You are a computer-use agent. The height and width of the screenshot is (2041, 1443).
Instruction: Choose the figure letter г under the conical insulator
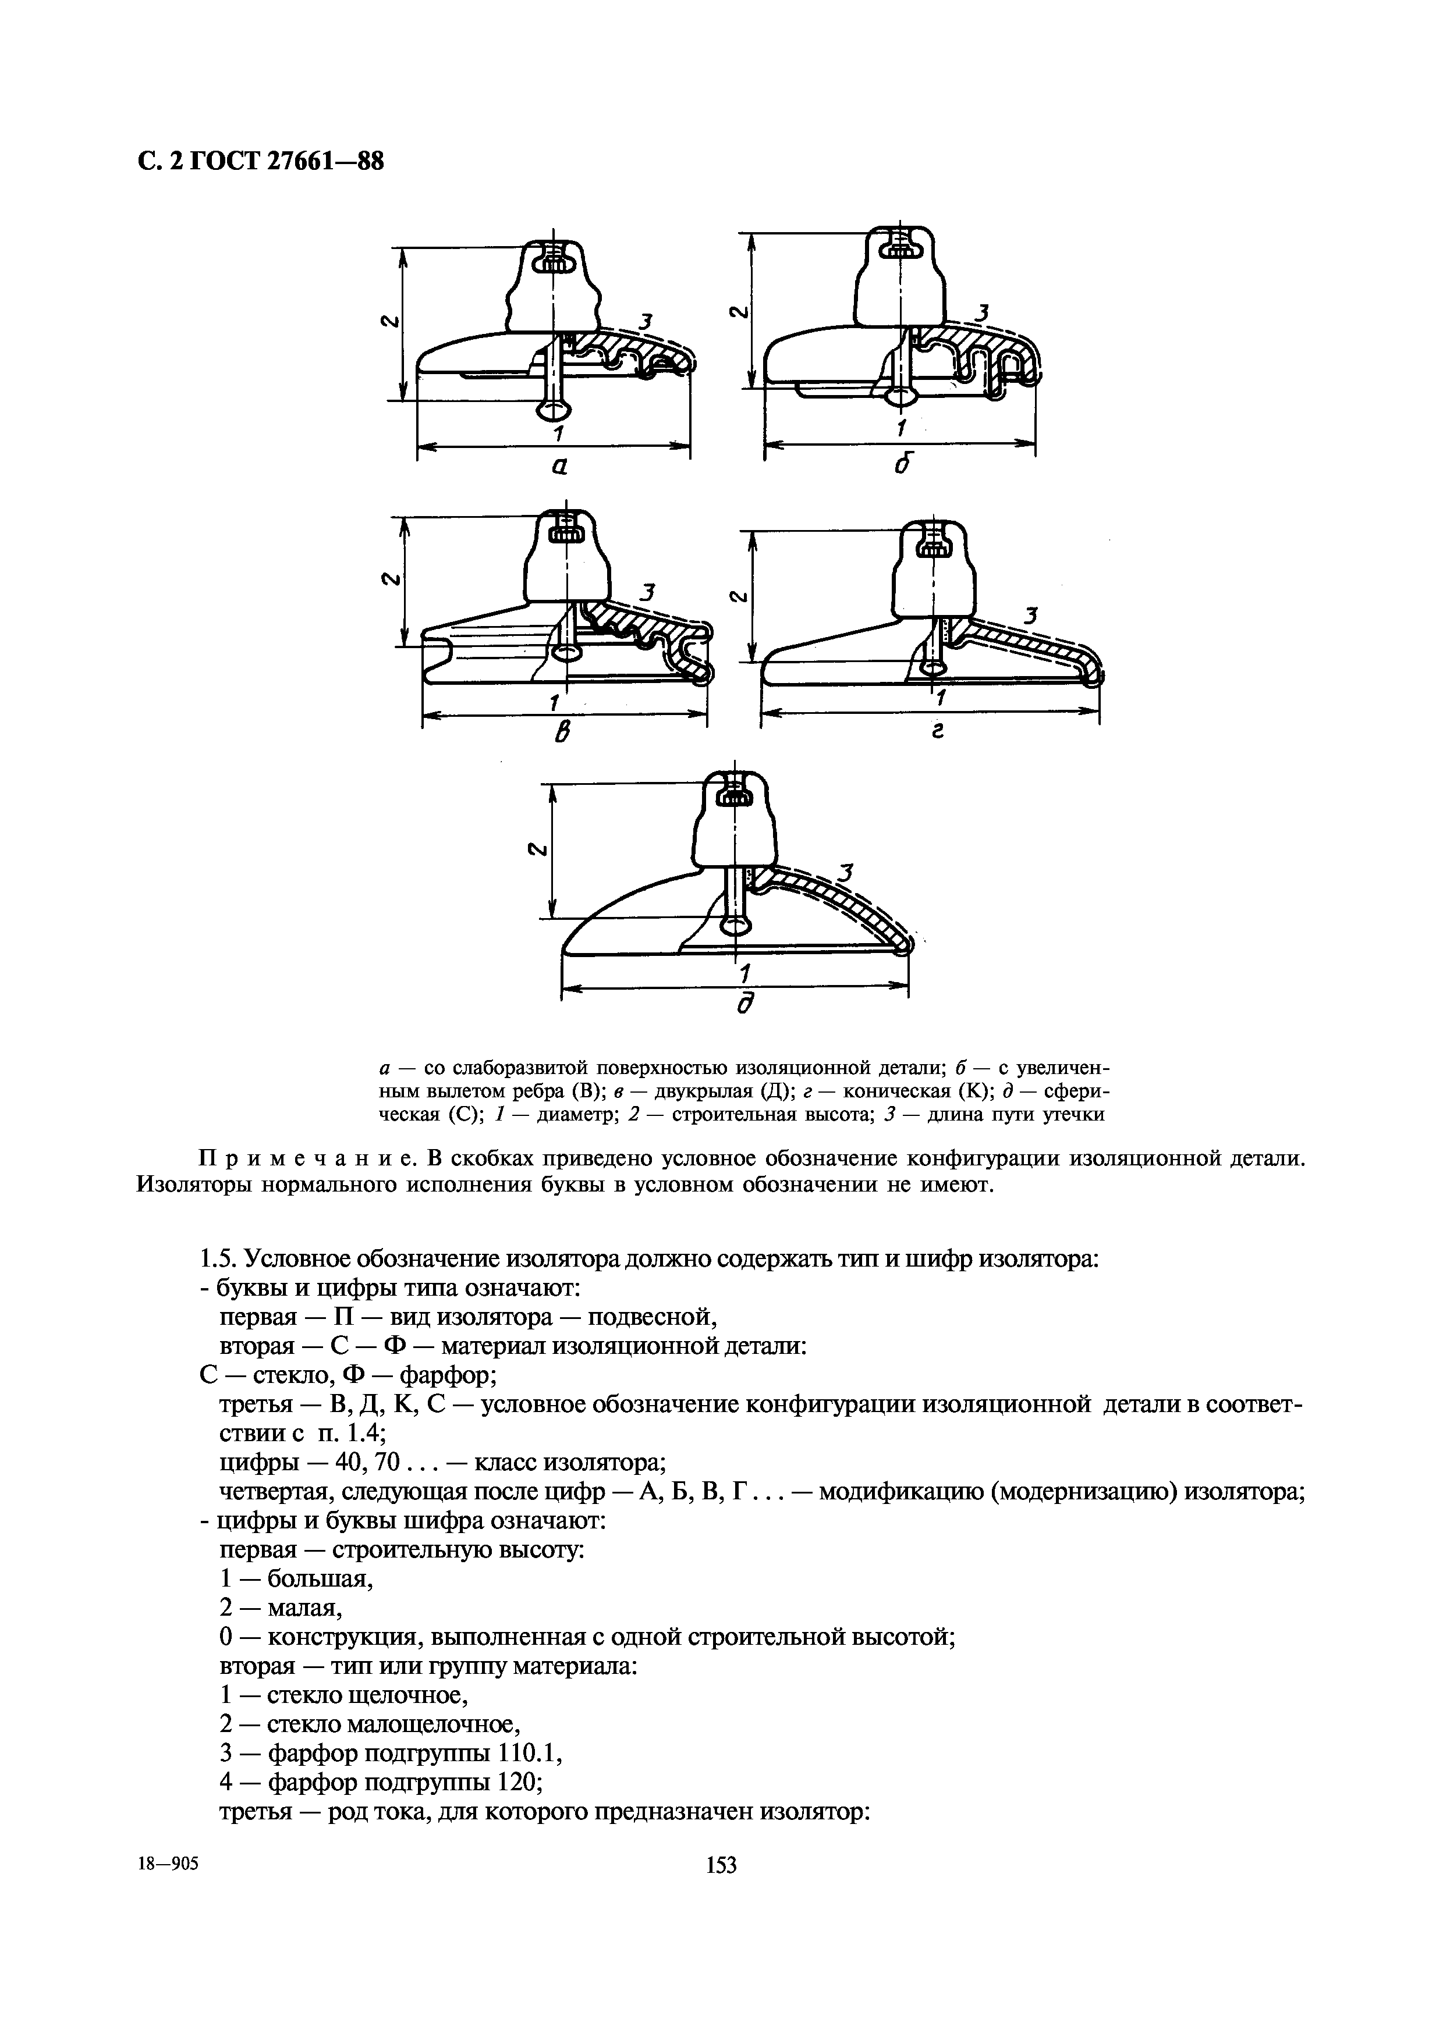pos(935,731)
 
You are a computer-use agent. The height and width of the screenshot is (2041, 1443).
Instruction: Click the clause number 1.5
pos(217,1258)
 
